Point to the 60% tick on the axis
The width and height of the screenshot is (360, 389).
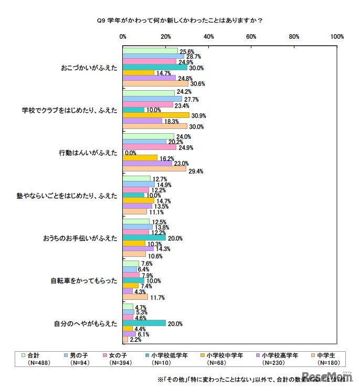click(x=251, y=37)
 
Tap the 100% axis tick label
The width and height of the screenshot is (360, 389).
click(x=337, y=37)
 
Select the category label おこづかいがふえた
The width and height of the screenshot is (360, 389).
click(x=89, y=68)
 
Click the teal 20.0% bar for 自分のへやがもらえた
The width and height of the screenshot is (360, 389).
click(x=144, y=323)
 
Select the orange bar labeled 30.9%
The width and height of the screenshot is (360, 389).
click(x=155, y=115)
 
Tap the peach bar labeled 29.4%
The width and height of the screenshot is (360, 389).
click(x=154, y=169)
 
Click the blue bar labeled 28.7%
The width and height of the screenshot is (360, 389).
click(x=153, y=56)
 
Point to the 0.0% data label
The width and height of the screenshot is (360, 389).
click(x=130, y=153)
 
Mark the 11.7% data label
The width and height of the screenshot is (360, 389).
click(x=158, y=297)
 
